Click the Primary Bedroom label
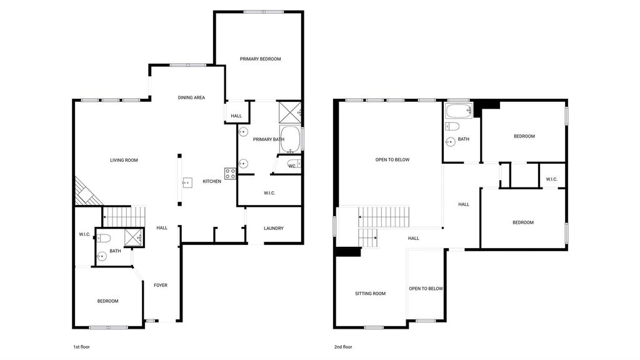tap(261, 59)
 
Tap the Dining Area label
tap(191, 97)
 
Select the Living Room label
tap(124, 160)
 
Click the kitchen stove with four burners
tap(230, 174)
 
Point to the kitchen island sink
tap(187, 182)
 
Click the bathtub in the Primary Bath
tap(290, 139)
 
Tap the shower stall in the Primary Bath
tap(290, 112)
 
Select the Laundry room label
tap(274, 228)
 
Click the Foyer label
tap(161, 285)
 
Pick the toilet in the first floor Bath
tap(103, 238)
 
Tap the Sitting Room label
tap(370, 294)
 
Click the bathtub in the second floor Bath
tap(459, 111)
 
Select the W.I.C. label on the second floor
tap(551, 179)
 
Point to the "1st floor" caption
tap(81, 347)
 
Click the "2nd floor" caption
tap(343, 347)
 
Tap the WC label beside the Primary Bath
tap(292, 166)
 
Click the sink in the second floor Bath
tap(450, 142)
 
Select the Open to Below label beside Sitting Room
tap(426, 289)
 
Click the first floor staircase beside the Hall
tap(124, 216)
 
